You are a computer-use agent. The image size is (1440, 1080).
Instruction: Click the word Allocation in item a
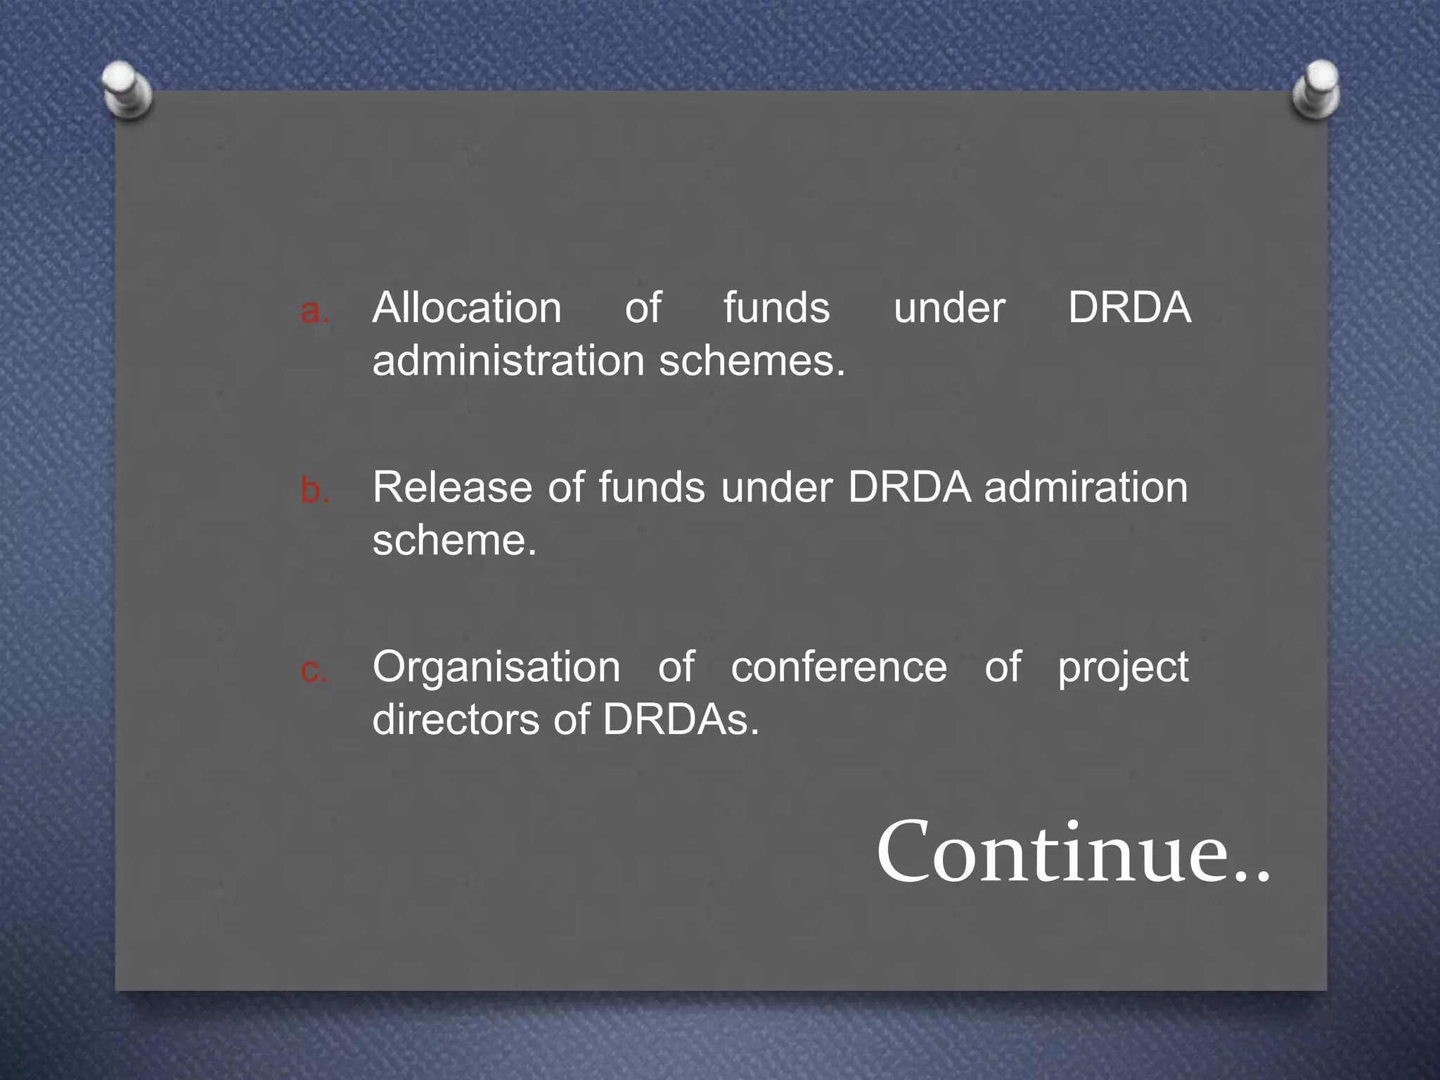click(467, 308)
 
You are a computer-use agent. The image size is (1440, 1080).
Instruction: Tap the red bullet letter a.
click(314, 311)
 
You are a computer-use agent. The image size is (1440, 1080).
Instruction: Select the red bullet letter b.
click(314, 489)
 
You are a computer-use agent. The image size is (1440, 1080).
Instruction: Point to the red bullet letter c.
click(314, 669)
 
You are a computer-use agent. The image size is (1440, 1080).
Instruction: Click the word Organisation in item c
click(496, 667)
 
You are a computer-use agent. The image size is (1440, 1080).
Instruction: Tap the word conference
click(839, 667)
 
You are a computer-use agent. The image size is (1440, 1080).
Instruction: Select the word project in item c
click(1123, 668)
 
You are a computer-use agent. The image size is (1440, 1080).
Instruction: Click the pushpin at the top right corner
click(1316, 89)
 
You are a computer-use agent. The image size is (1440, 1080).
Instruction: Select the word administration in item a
click(508, 361)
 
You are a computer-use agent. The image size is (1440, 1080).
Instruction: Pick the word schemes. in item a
click(752, 361)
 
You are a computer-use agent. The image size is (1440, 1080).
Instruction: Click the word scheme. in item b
click(454, 541)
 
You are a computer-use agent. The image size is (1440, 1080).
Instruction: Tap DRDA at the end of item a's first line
click(1129, 308)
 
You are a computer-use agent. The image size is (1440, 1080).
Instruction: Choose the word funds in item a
click(776, 308)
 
